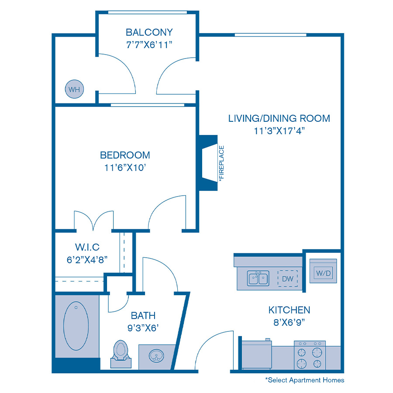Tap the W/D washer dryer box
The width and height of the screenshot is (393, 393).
tap(323, 273)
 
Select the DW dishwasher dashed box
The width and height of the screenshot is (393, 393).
tap(287, 279)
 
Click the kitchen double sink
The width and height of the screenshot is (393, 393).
tap(258, 278)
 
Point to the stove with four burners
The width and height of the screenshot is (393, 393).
tap(310, 355)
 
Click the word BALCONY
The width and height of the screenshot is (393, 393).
tap(149, 32)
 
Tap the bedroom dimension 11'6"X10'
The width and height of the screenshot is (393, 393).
tap(125, 167)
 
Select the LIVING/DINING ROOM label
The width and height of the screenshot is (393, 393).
tap(279, 118)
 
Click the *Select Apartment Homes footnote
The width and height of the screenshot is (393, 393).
tap(304, 380)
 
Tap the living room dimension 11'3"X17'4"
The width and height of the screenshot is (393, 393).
tap(279, 131)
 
